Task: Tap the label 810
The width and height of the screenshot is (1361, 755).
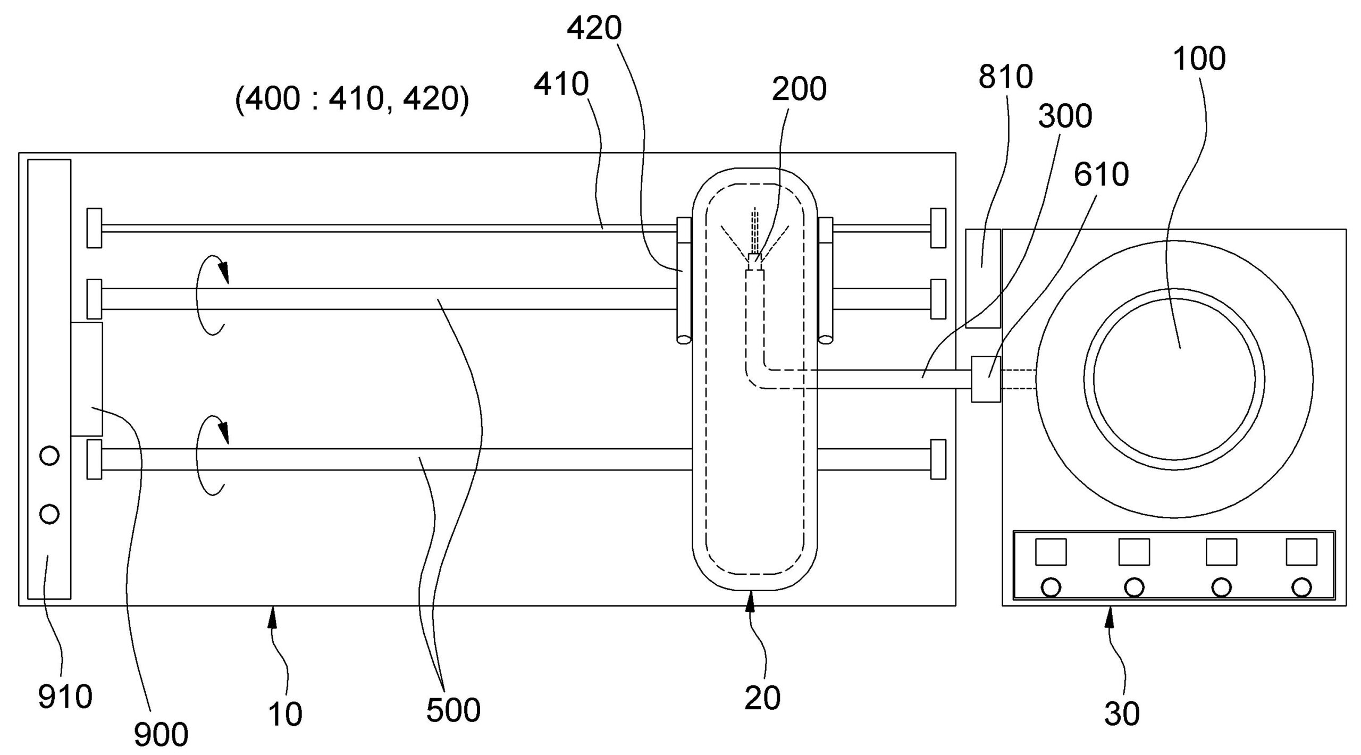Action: [x=1005, y=77]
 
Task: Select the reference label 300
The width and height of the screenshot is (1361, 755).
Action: [x=1065, y=116]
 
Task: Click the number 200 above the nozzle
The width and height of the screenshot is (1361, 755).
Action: [x=799, y=89]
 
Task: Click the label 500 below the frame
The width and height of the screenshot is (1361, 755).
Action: [x=453, y=710]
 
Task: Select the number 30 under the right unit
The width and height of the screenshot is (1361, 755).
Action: [x=1122, y=714]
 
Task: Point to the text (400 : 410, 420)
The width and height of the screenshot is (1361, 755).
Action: [x=352, y=99]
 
